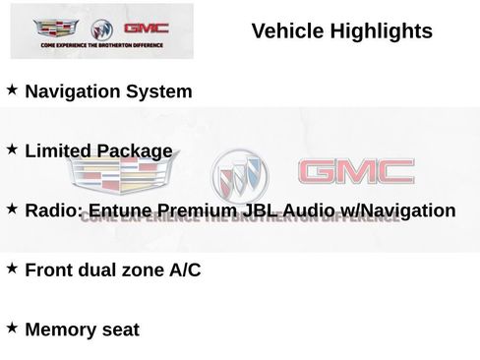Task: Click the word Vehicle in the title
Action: point(286,31)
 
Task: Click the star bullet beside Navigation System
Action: point(12,90)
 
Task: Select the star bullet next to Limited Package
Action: point(12,149)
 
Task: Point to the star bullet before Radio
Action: point(12,209)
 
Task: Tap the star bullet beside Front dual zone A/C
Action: point(12,268)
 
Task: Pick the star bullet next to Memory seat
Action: point(12,327)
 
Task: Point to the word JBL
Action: point(258,210)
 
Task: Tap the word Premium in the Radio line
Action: point(196,210)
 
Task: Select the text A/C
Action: point(183,270)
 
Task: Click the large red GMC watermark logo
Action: point(356,173)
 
